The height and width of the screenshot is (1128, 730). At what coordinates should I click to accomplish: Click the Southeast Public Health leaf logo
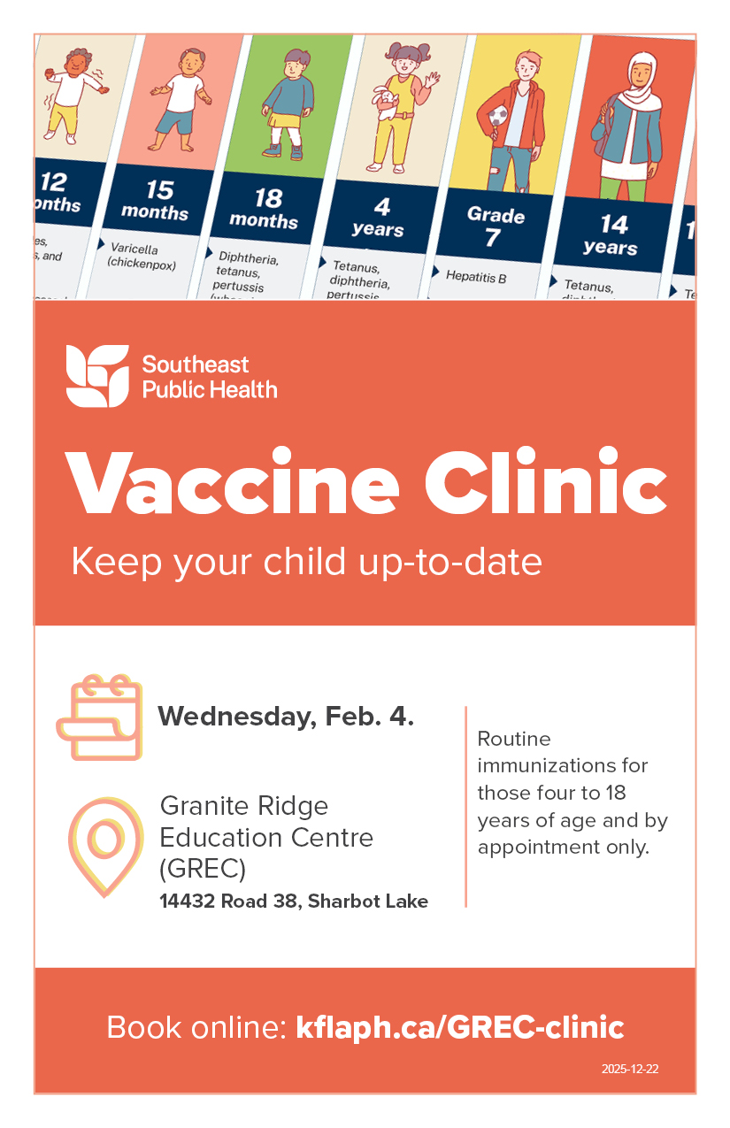tap(97, 376)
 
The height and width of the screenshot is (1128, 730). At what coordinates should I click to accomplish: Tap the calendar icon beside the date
tap(99, 717)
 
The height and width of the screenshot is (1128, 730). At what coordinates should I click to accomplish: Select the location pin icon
tap(104, 846)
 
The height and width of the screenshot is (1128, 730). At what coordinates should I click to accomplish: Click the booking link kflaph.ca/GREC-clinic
tap(460, 1027)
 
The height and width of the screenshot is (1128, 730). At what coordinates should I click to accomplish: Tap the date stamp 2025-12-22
tap(630, 1069)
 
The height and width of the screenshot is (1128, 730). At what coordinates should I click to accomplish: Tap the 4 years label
tap(380, 218)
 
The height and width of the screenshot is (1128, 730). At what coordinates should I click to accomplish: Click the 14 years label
tap(612, 234)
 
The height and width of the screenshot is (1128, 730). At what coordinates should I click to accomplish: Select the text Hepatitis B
tap(476, 277)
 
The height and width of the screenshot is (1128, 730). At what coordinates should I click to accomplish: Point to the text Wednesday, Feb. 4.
tap(286, 716)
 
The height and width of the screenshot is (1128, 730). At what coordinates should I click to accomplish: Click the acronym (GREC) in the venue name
tap(203, 869)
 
